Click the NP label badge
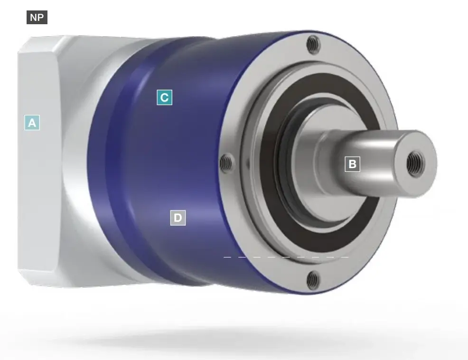coord(37,17)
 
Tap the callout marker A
coord(32,123)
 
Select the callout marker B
coord(353,164)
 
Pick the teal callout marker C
coord(164,97)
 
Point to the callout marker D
coord(178,218)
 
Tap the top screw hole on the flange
coord(313,44)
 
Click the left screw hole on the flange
coord(226,163)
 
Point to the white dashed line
coord(286,257)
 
